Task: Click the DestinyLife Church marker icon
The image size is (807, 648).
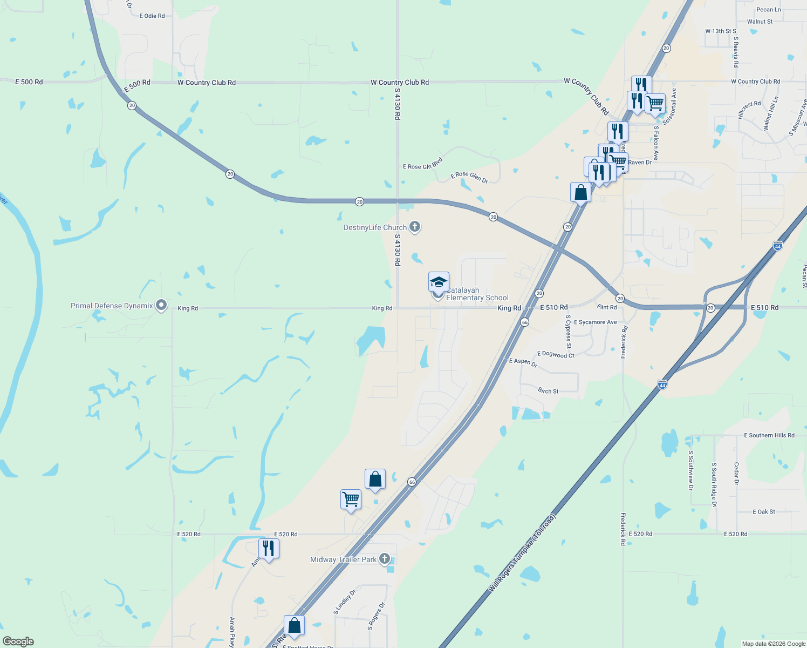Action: [x=414, y=227]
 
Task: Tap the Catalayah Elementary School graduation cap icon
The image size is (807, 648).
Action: [x=439, y=282]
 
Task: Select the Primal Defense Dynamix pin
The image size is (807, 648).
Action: [x=161, y=306]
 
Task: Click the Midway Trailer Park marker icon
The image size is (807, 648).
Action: [x=384, y=559]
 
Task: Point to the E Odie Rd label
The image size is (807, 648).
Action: [x=152, y=16]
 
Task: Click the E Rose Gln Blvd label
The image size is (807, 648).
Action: [x=422, y=164]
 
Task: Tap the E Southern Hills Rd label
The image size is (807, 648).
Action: [x=769, y=435]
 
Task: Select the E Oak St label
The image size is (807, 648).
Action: [x=763, y=511]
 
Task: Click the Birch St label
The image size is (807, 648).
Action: [x=548, y=391]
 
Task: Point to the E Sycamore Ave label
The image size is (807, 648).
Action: [x=595, y=322]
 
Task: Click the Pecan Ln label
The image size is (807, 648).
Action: [x=768, y=10]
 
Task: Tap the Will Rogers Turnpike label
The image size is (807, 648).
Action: [x=522, y=553]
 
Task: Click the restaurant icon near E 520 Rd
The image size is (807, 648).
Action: [x=269, y=549]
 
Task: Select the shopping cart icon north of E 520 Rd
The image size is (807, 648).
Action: [x=351, y=499]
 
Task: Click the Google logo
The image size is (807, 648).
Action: [x=18, y=642]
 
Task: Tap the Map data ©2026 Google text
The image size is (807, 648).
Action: [x=773, y=644]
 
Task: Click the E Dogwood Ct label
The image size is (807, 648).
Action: [x=556, y=355]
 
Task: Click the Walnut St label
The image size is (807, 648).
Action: [x=760, y=22]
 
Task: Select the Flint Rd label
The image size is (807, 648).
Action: [x=607, y=307]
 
